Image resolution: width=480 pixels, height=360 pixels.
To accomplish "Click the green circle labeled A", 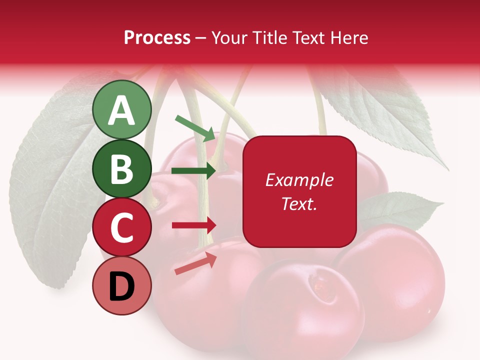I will pos(121,110).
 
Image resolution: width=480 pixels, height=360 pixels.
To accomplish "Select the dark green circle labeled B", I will pos(121,169).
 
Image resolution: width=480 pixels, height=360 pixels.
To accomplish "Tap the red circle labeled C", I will pos(121,227).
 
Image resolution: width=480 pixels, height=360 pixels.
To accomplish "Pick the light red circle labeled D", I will pos(121,286).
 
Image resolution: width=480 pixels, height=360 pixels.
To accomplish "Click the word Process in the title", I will pos(157,37).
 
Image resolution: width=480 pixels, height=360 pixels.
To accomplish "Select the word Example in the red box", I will pos(299,180).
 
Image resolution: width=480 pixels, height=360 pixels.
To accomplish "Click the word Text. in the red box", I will pos(299,203).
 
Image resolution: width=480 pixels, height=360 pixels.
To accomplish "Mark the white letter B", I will pos(121,169).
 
